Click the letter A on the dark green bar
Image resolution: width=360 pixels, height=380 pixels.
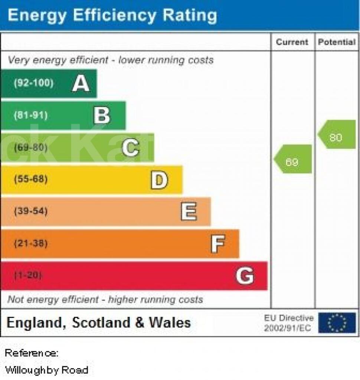tap(81, 83)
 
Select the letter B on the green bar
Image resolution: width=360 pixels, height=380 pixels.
tap(102, 115)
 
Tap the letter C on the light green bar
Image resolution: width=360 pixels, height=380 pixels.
tap(131, 147)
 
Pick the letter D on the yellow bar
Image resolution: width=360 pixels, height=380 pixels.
tap(159, 180)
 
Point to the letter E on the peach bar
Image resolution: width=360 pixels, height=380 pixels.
tap(189, 211)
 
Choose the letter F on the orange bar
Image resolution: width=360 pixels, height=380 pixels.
tap(218, 243)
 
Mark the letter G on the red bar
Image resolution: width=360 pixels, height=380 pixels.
tap(245, 275)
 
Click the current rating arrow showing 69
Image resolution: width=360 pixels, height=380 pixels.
tap(292, 159)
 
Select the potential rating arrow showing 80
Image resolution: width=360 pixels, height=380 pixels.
tap(337, 134)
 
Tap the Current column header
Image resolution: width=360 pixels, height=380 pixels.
tap(292, 42)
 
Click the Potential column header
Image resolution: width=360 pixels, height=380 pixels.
tap(337, 42)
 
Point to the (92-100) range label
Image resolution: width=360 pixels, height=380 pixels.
tap(33, 83)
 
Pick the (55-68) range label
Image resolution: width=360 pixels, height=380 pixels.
tap(31, 179)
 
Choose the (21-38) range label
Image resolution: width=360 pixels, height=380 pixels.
tap(31, 243)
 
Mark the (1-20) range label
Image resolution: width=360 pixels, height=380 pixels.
tap(28, 275)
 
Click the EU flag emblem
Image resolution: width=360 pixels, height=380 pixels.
tap(337, 323)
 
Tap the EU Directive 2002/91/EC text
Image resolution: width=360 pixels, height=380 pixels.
tap(288, 323)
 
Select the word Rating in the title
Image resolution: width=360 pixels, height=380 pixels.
tap(190, 16)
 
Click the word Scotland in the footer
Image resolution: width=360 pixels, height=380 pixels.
tap(101, 322)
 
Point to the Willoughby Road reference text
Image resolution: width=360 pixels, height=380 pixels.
tap(46, 370)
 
